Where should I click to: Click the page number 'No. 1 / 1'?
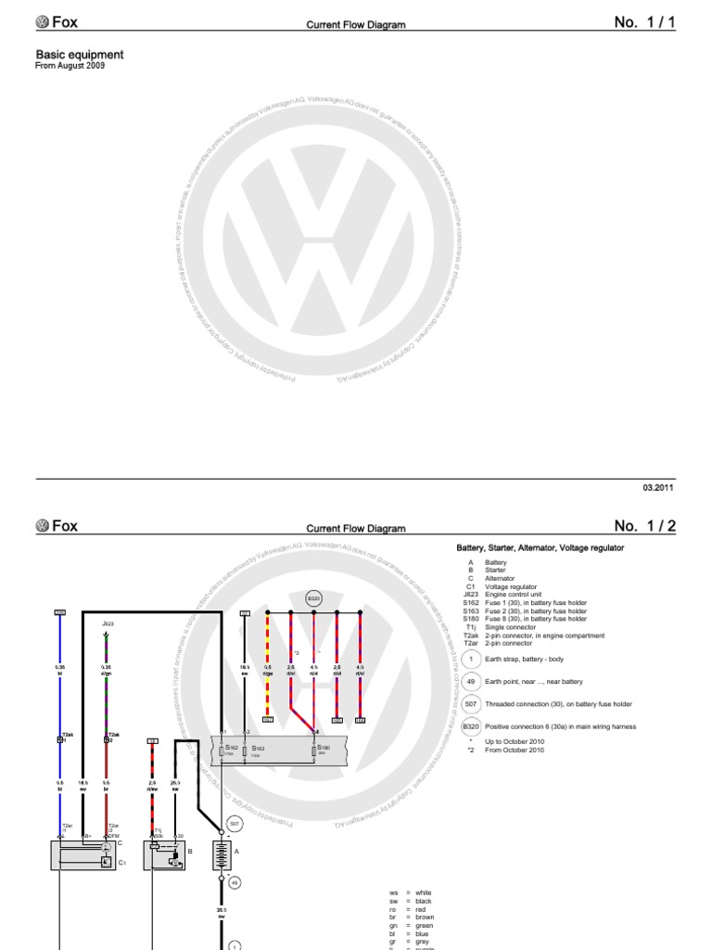[x=645, y=22]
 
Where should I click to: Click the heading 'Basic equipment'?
[x=79, y=55]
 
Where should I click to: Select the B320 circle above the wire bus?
[x=313, y=600]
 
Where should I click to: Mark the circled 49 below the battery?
[x=235, y=882]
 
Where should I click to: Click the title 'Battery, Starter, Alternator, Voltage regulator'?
[x=540, y=548]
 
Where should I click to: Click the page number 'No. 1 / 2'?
[x=645, y=526]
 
